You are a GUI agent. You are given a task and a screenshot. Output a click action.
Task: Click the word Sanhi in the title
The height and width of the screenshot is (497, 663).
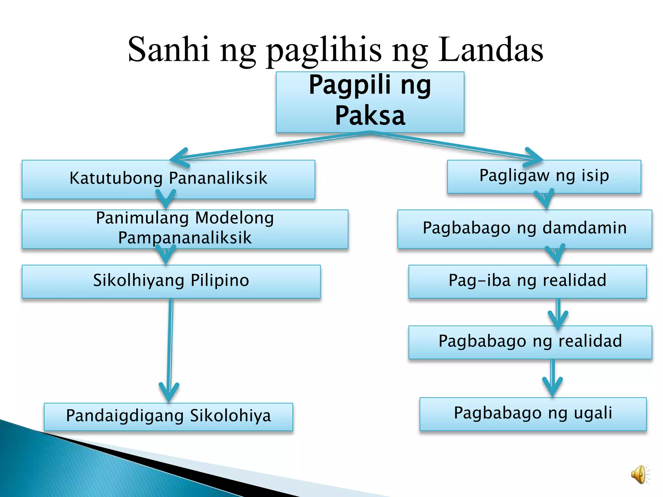coord(168,50)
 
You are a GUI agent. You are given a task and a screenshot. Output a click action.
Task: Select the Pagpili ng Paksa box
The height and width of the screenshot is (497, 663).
coord(370,102)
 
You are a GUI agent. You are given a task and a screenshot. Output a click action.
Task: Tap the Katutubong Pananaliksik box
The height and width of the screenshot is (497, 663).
coord(168,179)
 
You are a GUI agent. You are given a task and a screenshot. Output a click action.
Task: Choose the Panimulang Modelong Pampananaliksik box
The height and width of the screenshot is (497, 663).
coord(185,228)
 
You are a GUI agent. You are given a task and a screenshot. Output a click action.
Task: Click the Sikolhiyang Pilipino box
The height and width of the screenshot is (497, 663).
coord(171,281)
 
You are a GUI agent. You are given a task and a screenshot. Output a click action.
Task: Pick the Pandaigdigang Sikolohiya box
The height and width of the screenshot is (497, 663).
coord(168,416)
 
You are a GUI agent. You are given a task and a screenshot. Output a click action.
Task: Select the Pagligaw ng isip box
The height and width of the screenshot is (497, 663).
coord(544,176)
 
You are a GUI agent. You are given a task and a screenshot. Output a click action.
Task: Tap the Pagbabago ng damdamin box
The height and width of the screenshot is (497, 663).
coord(524,228)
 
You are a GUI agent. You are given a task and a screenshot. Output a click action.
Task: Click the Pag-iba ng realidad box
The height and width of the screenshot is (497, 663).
coord(527,281)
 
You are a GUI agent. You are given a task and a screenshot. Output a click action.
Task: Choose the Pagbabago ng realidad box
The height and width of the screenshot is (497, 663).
coord(530,342)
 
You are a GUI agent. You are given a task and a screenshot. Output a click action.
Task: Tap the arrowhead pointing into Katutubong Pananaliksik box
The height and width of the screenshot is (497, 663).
coord(179,158)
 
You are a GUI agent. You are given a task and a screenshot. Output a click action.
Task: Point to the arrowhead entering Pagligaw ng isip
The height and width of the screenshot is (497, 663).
coord(534,158)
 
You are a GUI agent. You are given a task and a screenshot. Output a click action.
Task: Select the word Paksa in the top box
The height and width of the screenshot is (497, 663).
coord(370,116)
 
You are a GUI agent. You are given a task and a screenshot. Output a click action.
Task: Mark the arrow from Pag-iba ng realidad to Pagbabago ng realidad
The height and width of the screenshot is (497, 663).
coord(558,312)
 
